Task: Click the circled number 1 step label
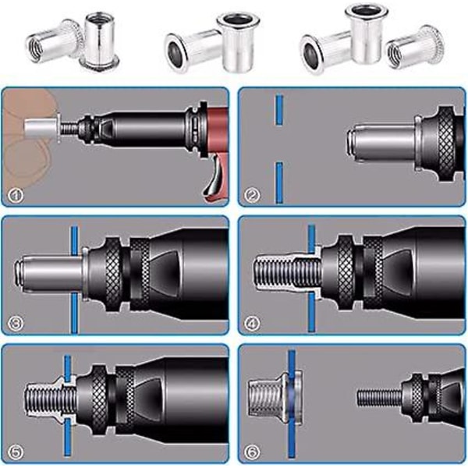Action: click(x=16, y=196)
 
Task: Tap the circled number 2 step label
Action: click(x=252, y=196)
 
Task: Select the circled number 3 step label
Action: click(x=16, y=323)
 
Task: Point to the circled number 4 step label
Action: click(x=252, y=323)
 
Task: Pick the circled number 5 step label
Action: click(x=16, y=451)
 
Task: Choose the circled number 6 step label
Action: click(x=252, y=451)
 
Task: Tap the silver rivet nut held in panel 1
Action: click(x=42, y=128)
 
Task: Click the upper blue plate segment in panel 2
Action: click(x=279, y=110)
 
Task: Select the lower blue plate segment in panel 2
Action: click(x=279, y=183)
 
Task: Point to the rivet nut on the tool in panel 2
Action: click(x=385, y=144)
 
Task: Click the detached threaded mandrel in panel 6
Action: click(x=380, y=398)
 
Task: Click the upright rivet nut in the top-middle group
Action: click(x=238, y=44)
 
